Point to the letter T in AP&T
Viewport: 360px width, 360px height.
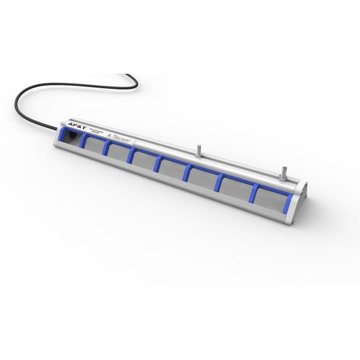pyautogui.click(x=85, y=129)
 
